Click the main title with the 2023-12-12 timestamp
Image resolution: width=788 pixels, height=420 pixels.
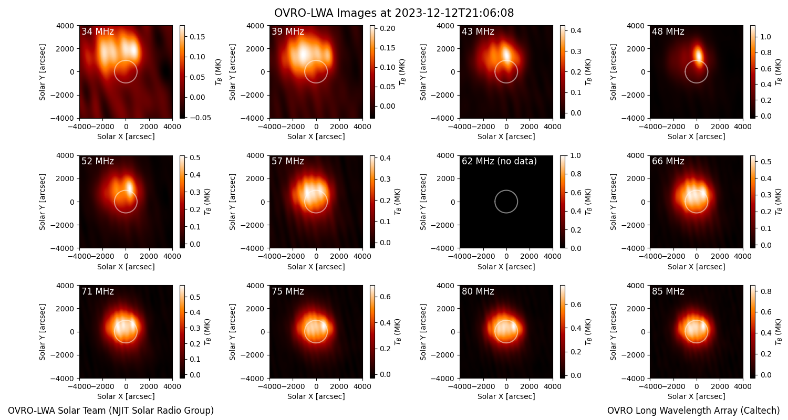394,13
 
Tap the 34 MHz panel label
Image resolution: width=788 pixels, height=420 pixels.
98,31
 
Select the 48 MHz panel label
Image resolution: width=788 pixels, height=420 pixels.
668,31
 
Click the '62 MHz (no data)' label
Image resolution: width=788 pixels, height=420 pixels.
499,161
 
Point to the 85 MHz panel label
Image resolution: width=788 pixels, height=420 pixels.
668,291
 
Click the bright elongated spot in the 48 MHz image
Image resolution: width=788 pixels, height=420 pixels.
698,54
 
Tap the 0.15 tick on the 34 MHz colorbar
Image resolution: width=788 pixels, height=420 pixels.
198,37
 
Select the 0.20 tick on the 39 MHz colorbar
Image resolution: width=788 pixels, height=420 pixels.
388,28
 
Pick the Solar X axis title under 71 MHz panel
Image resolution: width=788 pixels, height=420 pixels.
126,396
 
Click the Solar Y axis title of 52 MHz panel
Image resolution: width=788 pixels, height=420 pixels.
42,202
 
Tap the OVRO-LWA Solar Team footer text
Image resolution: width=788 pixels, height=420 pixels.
111,411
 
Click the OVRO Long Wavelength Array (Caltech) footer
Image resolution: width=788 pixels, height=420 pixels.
693,411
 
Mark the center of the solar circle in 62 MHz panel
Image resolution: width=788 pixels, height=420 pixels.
506,202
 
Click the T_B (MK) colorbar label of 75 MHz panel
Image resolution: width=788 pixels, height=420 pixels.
398,332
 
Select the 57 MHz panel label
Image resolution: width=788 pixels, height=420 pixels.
288,161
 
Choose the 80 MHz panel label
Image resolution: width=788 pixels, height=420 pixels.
478,291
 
